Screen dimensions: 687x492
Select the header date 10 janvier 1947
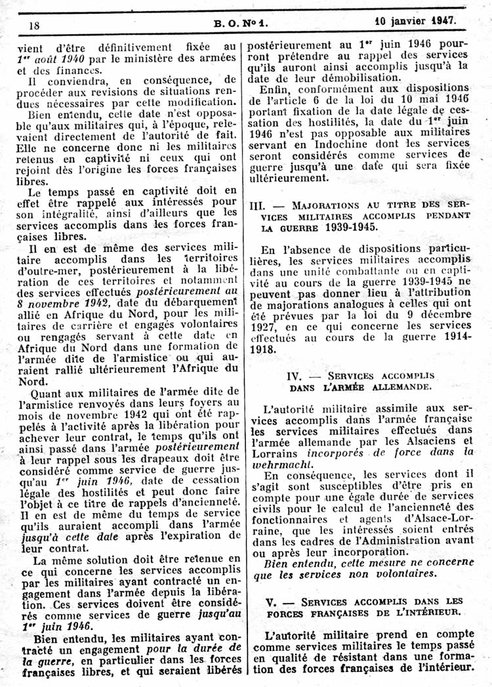tap(415, 20)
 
